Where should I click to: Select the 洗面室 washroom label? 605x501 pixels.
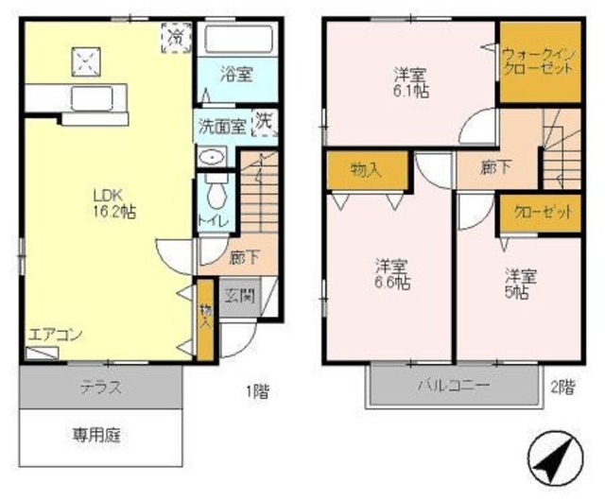tap(221, 124)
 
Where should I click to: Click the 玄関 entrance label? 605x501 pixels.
tap(237, 295)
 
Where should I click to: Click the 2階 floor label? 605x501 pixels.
tap(562, 386)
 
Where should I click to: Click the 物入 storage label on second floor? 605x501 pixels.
tap(365, 169)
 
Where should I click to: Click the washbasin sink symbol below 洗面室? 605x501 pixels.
tap(215, 157)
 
